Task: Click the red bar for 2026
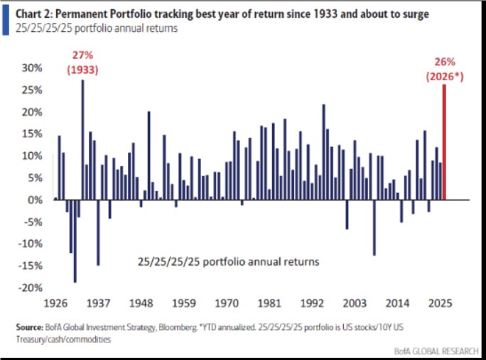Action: (445, 142)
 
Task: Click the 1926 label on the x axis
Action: (55, 302)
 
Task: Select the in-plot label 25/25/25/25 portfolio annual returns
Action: (228, 261)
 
